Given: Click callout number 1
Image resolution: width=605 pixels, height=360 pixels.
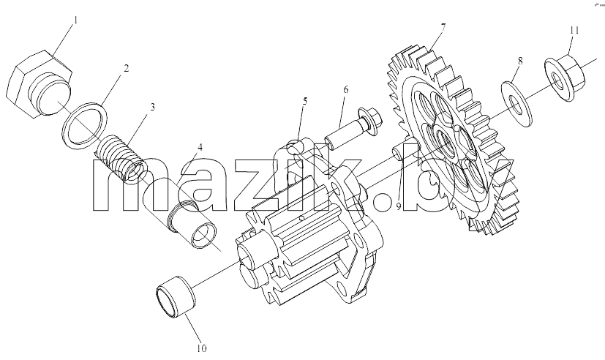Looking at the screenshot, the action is [x=75, y=20].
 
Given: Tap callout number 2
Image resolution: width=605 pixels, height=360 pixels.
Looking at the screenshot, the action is [x=126, y=68].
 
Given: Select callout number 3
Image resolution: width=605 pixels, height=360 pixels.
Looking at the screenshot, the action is [x=152, y=107].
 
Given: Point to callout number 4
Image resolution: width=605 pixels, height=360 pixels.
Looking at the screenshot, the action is [x=200, y=147].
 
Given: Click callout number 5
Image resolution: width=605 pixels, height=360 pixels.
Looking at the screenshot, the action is [x=305, y=102].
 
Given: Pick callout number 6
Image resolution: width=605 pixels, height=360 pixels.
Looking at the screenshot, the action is [x=346, y=89].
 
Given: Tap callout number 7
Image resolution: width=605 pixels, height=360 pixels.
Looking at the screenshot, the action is [x=443, y=27].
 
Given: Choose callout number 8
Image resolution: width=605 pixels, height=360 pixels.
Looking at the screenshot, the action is [x=520, y=61].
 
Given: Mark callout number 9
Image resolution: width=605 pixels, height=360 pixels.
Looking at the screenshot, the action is [x=398, y=206].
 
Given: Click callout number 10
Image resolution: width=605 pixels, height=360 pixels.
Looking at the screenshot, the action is [x=202, y=348].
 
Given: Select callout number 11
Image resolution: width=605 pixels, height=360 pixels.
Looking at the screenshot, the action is [x=574, y=30].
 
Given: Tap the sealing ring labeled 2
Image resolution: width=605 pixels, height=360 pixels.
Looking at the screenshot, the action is [x=85, y=124].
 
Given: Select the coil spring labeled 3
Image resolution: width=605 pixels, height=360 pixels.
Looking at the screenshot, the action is [x=121, y=157].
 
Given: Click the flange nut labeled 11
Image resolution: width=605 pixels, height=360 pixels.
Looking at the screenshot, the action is [x=565, y=79].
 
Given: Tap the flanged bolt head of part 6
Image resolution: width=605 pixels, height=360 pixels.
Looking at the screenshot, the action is [x=369, y=121].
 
